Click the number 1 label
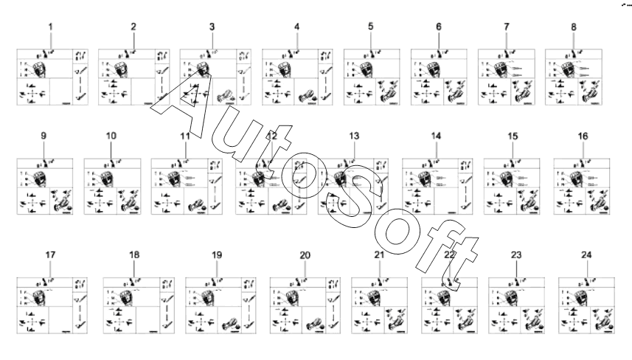51,27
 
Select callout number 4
296,27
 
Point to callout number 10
111,137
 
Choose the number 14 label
436,137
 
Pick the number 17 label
51,255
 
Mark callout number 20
305,255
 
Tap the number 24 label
586,255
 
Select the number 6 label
438,27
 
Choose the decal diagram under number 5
372,77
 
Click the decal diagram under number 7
505,77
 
